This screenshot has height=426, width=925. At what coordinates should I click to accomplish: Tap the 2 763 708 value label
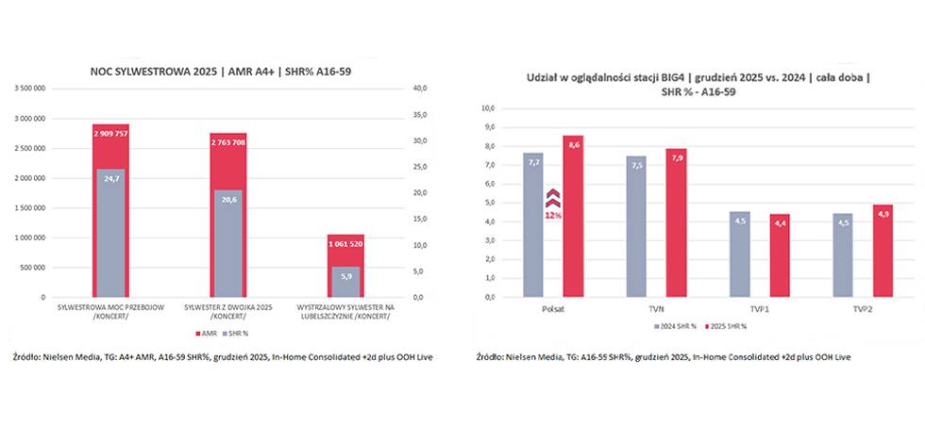[227, 142]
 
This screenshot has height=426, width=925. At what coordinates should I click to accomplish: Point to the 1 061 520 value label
[345, 244]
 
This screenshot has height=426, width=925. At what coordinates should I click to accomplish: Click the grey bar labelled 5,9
[345, 282]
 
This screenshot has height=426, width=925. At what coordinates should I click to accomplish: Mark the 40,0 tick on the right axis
[420, 88]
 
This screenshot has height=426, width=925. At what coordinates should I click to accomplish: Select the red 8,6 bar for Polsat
[574, 216]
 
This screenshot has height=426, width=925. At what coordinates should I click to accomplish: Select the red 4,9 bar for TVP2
[882, 251]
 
